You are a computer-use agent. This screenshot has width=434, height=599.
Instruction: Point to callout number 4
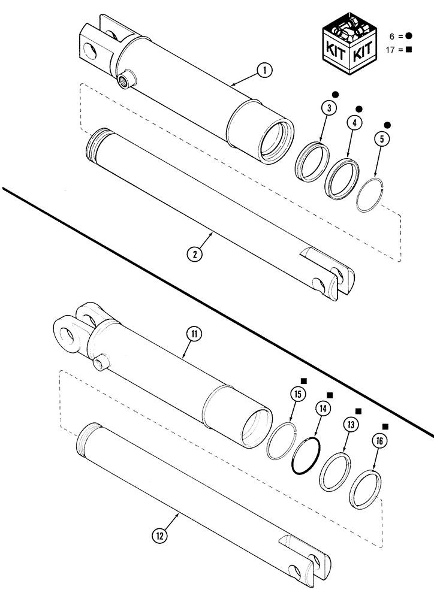coord(354,122)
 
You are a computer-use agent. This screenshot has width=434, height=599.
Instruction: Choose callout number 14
coord(324,409)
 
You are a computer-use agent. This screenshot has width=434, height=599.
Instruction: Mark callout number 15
coord(297,394)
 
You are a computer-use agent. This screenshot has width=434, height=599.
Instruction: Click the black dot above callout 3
coord(336,94)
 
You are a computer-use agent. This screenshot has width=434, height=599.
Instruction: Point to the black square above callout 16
coord(385,427)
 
